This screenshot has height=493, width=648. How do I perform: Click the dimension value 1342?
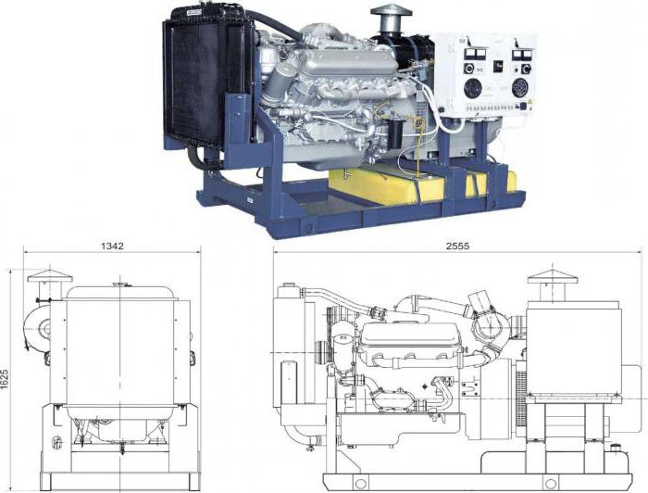coord(112,246)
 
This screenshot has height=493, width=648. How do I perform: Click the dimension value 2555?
coord(458,246)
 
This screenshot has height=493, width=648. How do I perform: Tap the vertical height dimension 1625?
coord(5,379)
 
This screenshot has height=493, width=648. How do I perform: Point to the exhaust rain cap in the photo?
coord(392,11)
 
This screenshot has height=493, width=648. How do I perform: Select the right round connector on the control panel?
coord(520,88)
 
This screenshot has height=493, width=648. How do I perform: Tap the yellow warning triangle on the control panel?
coord(530,101)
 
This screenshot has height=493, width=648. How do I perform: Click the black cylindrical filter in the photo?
coord(394,133)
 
